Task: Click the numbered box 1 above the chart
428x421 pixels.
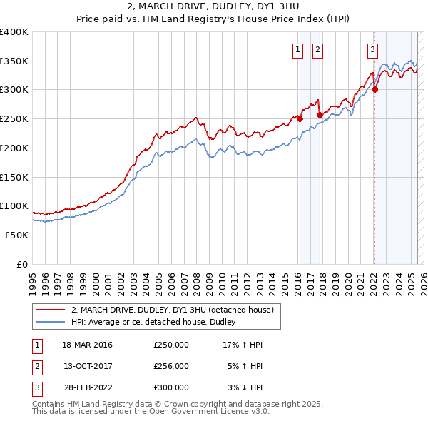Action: click(297, 49)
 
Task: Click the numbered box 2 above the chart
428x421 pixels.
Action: click(317, 49)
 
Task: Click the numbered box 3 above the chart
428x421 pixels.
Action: click(372, 49)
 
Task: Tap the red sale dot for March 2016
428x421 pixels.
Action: click(300, 119)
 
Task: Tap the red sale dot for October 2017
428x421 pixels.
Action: click(320, 114)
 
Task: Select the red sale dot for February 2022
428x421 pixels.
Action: click(375, 89)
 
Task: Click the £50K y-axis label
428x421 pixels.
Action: click(16, 235)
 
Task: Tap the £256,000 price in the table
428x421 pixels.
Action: click(171, 366)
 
